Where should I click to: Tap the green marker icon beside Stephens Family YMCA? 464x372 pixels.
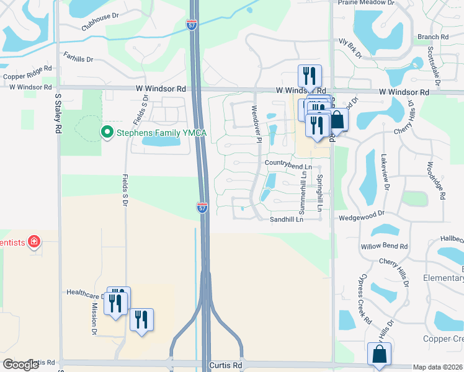[106, 132]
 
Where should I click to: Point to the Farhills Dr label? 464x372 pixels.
[78, 59]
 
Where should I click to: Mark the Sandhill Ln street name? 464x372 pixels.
[286, 219]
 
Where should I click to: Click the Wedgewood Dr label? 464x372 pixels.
[362, 218]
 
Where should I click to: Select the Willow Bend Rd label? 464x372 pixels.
[384, 246]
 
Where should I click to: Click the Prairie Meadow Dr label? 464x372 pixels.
[367, 2]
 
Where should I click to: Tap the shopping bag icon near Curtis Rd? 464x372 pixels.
[379, 355]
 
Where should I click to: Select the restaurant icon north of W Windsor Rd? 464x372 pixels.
[309, 76]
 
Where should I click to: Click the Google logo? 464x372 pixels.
[20, 365]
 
